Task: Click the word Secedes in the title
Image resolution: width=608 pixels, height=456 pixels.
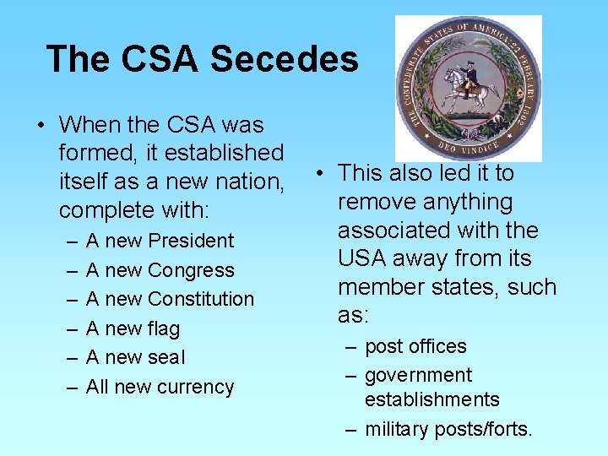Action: pyautogui.click(x=284, y=59)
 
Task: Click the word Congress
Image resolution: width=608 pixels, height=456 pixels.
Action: pyautogui.click(x=190, y=270)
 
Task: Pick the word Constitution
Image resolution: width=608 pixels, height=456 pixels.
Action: pyautogui.click(x=200, y=299)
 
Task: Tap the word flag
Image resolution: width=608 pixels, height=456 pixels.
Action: pyautogui.click(x=164, y=328)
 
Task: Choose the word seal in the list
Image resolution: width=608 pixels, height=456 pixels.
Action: pyautogui.click(x=166, y=357)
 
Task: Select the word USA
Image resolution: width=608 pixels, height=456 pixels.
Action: pyautogui.click(x=363, y=258)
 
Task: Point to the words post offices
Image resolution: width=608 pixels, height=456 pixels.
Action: pyautogui.click(x=415, y=346)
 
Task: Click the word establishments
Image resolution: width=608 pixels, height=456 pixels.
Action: pyautogui.click(x=432, y=399)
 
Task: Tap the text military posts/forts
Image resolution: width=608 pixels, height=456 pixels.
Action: pyautogui.click(x=448, y=429)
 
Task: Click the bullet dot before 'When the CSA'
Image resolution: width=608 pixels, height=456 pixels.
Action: pyautogui.click(x=41, y=126)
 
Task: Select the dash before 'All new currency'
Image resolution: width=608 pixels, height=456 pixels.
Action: pyautogui.click(x=71, y=387)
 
